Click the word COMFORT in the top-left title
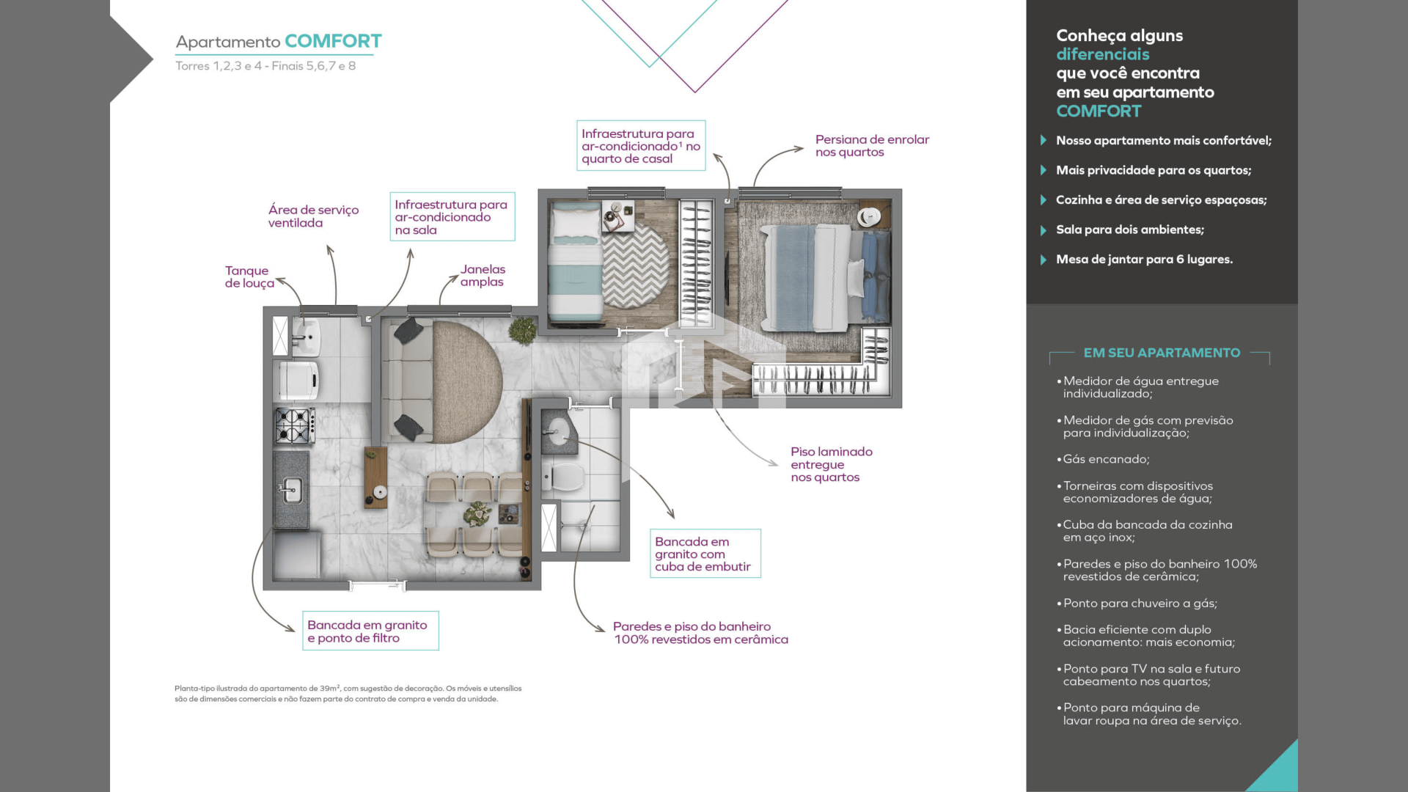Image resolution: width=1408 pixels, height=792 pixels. [x=333, y=41]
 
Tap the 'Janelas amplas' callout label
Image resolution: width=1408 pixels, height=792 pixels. [x=483, y=276]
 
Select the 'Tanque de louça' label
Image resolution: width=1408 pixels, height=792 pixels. [x=249, y=277]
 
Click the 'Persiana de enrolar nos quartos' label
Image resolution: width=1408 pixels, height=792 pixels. [x=872, y=146]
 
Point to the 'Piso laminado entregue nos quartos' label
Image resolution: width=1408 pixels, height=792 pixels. [x=832, y=464]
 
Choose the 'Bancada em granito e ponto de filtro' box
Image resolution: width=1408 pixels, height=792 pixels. [x=370, y=631]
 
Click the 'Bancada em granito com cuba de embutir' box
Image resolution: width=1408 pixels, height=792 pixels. [x=705, y=554]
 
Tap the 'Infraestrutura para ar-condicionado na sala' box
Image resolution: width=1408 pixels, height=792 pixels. [x=452, y=216]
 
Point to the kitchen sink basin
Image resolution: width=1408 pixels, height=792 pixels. [x=292, y=488]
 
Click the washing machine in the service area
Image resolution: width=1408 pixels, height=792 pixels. [x=296, y=380]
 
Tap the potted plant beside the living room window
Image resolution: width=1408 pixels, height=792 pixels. [x=523, y=330]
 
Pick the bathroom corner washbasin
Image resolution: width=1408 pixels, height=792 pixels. [x=559, y=432]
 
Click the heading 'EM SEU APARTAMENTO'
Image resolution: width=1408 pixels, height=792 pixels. [x=1162, y=353]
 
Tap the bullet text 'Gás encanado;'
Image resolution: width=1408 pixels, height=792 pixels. [x=1107, y=459]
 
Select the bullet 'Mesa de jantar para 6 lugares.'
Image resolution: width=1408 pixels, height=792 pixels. [x=1144, y=260]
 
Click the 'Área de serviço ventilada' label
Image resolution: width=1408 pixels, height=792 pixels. [x=313, y=216]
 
